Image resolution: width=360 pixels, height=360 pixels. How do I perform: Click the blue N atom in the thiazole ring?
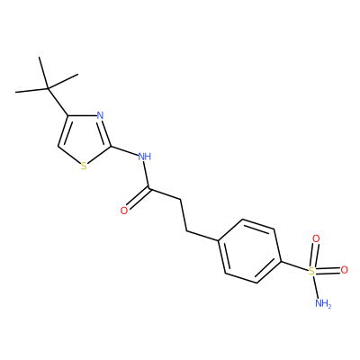click(x=100, y=115)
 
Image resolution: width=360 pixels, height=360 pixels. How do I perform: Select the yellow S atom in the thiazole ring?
click(x=84, y=166)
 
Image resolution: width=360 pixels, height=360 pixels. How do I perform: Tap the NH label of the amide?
click(x=145, y=157)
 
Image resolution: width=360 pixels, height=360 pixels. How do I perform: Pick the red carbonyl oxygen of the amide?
click(x=124, y=211)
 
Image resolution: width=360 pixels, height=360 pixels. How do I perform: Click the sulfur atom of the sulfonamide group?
click(x=312, y=272)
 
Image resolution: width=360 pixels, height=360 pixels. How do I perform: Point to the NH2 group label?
click(x=323, y=303)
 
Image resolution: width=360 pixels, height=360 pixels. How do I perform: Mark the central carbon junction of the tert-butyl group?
click(x=48, y=89)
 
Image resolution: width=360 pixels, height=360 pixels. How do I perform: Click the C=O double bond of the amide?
click(x=138, y=199)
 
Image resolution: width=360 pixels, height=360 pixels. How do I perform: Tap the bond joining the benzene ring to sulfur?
click(x=294, y=266)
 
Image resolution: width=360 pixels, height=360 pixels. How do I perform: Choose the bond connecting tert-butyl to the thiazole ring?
click(x=58, y=103)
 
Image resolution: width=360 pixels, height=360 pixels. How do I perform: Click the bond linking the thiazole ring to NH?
click(x=124, y=151)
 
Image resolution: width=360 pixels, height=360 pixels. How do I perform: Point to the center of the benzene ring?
click(x=250, y=251)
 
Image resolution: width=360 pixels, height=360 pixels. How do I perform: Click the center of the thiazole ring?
click(x=84, y=140)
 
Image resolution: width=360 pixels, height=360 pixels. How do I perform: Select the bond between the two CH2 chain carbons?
click(x=184, y=215)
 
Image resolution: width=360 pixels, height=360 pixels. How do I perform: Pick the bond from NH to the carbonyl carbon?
click(x=146, y=175)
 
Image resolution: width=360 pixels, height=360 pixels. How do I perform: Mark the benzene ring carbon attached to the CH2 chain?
click(x=218, y=240)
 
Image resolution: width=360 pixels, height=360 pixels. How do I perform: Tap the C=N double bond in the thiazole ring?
click(x=106, y=133)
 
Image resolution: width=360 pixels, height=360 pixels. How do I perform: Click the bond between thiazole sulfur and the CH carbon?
click(x=69, y=156)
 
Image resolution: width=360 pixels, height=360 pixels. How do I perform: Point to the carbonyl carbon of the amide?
click(x=148, y=189)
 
